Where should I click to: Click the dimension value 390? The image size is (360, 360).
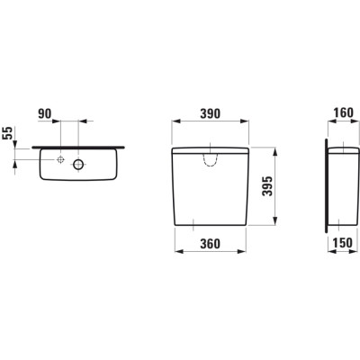pos(210,113)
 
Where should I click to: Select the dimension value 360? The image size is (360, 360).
pos(210,244)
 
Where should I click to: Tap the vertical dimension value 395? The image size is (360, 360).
pos(267,186)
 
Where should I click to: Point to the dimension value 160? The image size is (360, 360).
pos(343,112)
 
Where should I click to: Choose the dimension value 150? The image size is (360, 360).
pos(343,243)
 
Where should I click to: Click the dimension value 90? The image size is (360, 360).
pos(45,113)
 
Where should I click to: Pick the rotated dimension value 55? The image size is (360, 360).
pos(8,133)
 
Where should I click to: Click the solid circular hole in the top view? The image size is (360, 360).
pos(78,164)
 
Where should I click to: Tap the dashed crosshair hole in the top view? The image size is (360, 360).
pos(61,159)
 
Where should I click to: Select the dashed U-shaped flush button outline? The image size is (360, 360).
pos(210,166)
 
